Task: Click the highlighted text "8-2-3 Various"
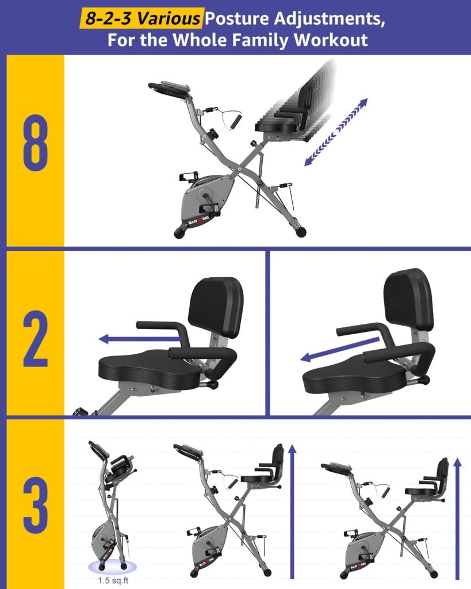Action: (x=141, y=19)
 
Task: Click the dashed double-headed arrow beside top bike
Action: (x=335, y=132)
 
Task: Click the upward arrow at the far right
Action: (x=458, y=518)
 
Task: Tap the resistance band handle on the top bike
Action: (x=236, y=123)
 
